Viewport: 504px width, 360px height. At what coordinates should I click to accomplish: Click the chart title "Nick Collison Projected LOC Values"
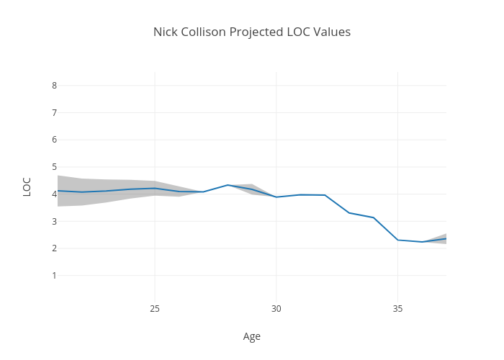(252, 32)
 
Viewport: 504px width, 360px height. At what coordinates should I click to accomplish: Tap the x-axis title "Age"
(252, 336)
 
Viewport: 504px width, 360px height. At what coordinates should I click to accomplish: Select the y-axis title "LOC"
(27, 186)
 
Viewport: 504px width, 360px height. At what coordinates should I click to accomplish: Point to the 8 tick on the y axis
(54, 86)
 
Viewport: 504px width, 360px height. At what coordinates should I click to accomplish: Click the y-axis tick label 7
(54, 113)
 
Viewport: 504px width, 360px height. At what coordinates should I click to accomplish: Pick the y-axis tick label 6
(54, 140)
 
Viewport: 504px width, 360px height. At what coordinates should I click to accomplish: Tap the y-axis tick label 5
(54, 167)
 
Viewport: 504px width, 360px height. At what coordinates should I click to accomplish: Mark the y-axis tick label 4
(54, 194)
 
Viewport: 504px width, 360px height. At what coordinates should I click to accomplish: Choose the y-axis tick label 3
(54, 221)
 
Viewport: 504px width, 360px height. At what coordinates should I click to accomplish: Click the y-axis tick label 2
(54, 248)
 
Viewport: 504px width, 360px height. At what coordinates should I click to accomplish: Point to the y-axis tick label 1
(54, 276)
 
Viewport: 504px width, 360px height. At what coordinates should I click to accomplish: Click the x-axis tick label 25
(155, 309)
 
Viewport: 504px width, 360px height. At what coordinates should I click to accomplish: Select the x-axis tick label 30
(276, 309)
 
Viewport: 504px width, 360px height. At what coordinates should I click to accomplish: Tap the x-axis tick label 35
(398, 309)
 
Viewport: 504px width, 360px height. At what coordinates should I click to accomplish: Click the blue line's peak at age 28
(228, 185)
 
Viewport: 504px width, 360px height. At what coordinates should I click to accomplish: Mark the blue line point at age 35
(398, 240)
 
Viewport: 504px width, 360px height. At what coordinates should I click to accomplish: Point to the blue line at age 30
(276, 197)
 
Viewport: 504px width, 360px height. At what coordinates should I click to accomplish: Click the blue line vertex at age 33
(349, 212)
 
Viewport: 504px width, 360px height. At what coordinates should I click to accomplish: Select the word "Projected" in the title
(257, 32)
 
